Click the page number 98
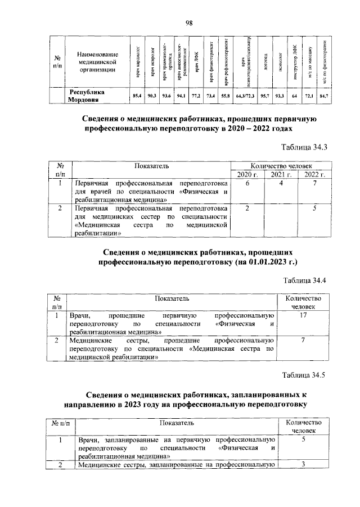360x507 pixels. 189,22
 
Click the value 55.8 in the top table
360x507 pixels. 225,97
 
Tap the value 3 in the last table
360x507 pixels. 303,464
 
